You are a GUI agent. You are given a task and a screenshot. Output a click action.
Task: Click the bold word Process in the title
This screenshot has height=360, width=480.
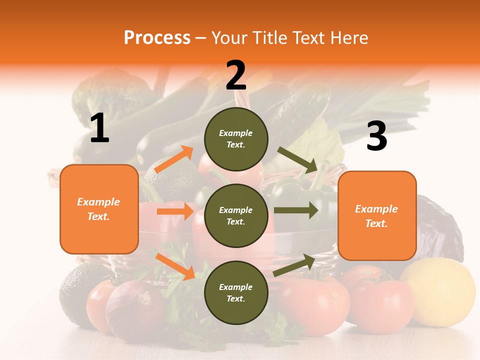(157, 38)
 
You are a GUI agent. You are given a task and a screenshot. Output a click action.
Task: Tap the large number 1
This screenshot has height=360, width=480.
(99, 128)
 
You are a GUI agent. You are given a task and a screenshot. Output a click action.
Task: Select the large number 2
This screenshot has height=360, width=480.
(236, 75)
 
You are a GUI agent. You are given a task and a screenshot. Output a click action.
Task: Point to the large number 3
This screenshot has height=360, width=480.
(376, 136)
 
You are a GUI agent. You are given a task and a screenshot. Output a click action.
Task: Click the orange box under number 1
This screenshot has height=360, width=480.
(99, 209)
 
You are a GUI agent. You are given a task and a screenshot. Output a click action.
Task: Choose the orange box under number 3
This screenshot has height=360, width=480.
(377, 215)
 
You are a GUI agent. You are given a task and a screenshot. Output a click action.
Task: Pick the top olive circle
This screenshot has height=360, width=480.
(236, 139)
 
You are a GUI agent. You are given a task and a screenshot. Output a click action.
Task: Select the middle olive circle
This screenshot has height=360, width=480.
(236, 215)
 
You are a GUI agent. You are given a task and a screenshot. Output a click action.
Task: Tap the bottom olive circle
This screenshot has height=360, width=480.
(236, 292)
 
